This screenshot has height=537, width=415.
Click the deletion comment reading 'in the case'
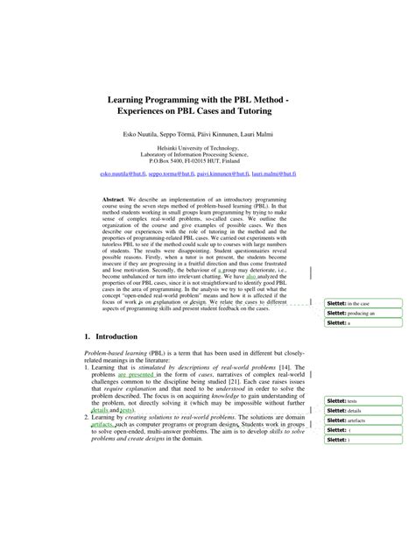(359, 303)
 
